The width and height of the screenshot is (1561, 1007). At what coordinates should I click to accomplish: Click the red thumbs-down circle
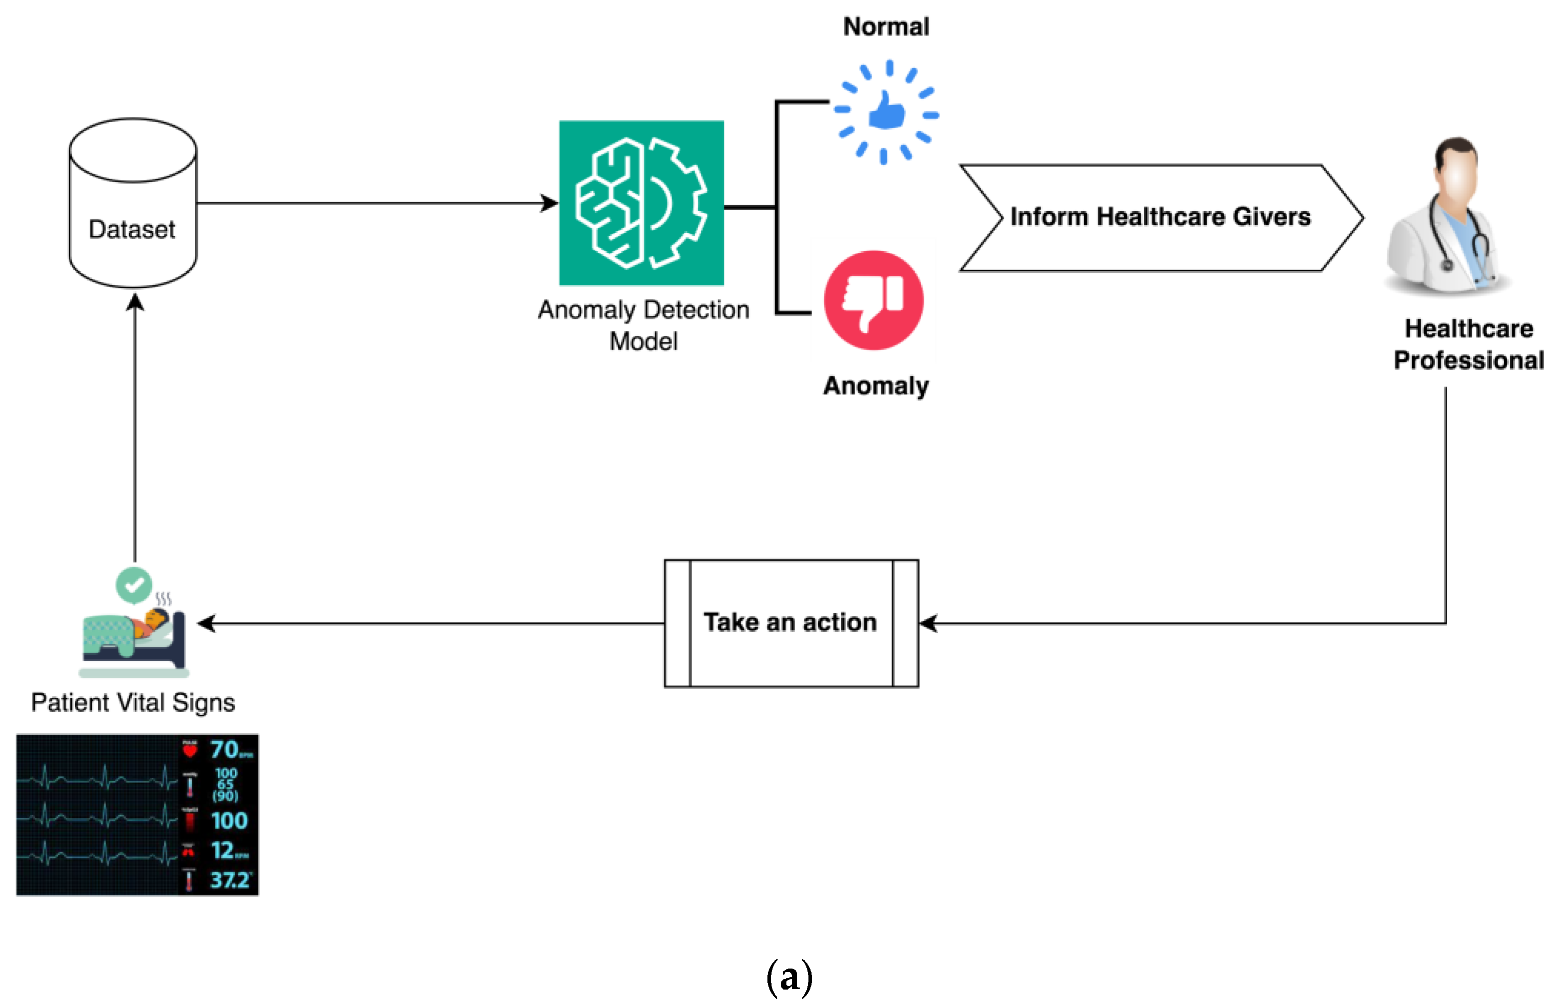[x=874, y=300]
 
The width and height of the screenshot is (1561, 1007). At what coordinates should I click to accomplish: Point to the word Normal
[x=886, y=27]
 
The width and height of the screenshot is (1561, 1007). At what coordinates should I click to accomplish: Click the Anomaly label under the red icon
[x=875, y=386]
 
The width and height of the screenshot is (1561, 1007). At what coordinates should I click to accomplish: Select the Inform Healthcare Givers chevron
[x=1160, y=217]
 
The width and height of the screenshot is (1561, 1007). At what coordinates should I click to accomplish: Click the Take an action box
[x=791, y=622]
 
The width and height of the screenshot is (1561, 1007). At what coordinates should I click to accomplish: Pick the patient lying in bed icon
[x=134, y=637]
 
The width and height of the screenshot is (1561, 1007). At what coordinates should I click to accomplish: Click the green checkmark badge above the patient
[x=134, y=585]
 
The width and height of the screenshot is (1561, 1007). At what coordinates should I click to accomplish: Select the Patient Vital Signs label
[x=133, y=702]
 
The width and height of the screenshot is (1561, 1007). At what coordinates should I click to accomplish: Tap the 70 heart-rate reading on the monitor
[x=224, y=750]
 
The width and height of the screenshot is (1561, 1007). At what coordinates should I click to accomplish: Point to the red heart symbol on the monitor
[x=190, y=751]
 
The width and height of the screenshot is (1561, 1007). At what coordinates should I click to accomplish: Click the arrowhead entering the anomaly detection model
[x=550, y=204]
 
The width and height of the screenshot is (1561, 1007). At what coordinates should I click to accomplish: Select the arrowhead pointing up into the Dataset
[x=135, y=302]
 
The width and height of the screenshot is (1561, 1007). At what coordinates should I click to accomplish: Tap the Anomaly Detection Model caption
[x=643, y=325]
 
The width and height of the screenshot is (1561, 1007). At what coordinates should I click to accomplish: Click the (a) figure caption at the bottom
[x=789, y=977]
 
